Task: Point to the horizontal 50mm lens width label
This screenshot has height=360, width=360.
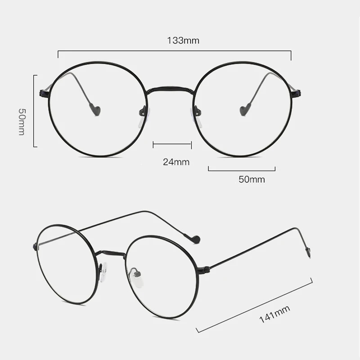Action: [252, 180]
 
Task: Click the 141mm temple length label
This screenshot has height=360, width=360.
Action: [274, 314]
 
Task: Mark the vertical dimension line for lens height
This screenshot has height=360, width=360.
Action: [34, 111]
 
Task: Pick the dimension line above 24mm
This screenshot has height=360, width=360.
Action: [172, 144]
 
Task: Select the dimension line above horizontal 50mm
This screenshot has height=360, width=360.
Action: [242, 169]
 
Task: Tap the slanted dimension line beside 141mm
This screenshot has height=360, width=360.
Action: [255, 306]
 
